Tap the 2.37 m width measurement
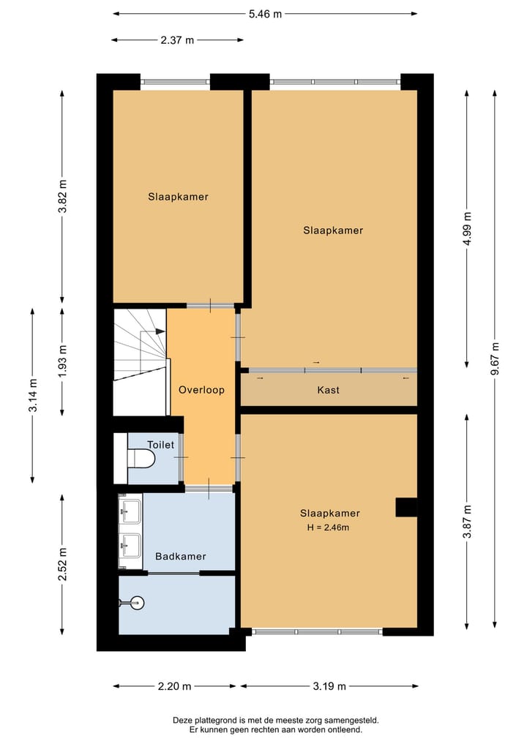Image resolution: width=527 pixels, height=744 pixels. [x=177, y=40]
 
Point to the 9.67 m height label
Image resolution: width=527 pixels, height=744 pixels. [x=496, y=358]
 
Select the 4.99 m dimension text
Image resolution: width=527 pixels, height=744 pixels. [x=467, y=230]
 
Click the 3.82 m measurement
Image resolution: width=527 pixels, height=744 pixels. [x=62, y=196]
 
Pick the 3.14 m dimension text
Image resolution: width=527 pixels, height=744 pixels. [x=33, y=396]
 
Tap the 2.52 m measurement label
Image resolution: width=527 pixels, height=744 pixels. [x=62, y=564]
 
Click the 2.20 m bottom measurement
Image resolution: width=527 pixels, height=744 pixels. [x=176, y=686]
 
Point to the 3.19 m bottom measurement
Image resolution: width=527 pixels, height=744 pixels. [x=329, y=686]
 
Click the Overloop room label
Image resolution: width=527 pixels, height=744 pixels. [x=201, y=390]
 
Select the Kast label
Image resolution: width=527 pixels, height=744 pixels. [x=328, y=390]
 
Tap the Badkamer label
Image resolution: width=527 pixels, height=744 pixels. [x=181, y=556]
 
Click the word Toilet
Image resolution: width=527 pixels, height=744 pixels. [x=160, y=444]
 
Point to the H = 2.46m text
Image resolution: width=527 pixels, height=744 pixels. [x=329, y=527]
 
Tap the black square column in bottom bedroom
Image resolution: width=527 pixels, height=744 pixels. [x=406, y=507]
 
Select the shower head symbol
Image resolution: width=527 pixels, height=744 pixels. [x=135, y=604]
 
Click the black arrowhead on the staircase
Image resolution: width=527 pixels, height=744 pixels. [x=160, y=331]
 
